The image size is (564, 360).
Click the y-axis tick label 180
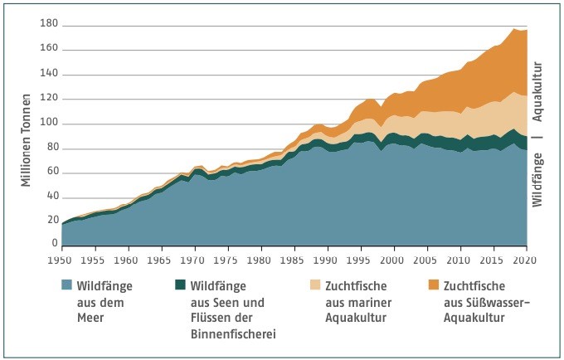[x=49, y=23]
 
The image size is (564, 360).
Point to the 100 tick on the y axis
[x=49, y=124]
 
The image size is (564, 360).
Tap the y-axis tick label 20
[x=51, y=225]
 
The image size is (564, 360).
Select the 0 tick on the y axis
[x=54, y=245]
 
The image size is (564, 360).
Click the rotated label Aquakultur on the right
[x=537, y=91]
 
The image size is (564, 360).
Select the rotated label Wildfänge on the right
[x=537, y=178]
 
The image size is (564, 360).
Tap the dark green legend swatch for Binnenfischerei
[x=182, y=285]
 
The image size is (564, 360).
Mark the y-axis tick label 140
[x=49, y=74]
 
